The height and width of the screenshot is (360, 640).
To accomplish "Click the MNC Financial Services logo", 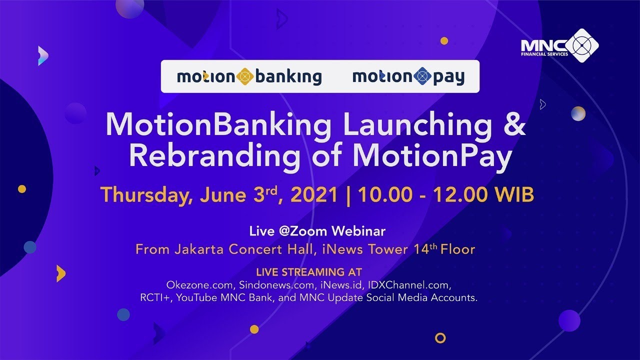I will (x=559, y=45).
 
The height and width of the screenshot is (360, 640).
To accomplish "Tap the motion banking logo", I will (x=249, y=76).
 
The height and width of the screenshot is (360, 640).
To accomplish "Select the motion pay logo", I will (x=408, y=76).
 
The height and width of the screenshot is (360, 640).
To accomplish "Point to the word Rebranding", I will (x=214, y=156).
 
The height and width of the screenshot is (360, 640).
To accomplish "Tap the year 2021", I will (x=314, y=195).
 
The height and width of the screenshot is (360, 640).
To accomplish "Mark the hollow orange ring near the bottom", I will (x=440, y=338).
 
